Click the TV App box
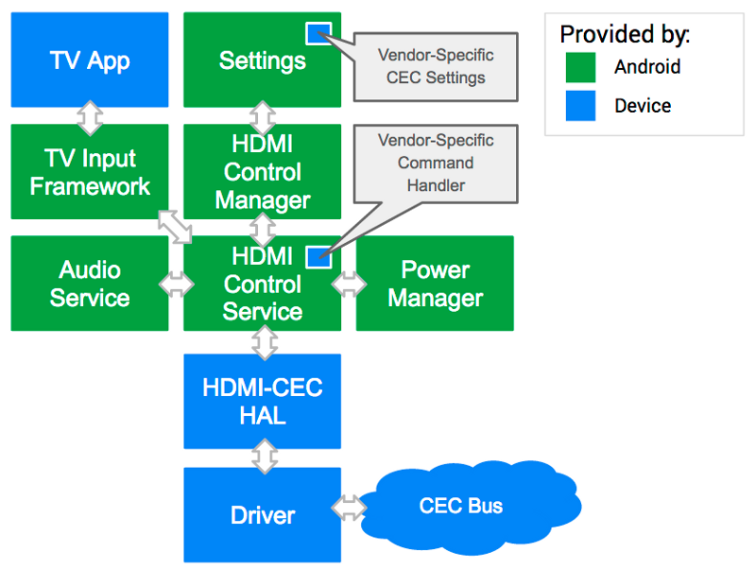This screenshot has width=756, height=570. [x=90, y=60]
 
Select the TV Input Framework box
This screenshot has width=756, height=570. [x=90, y=172]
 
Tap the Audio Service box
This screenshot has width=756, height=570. [x=90, y=284]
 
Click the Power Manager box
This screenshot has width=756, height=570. [x=435, y=284]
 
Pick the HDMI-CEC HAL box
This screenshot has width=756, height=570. [x=262, y=402]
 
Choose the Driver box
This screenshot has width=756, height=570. [x=262, y=515]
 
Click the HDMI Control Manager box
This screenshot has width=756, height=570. [x=262, y=172]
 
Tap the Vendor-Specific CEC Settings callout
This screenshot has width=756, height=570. [x=436, y=66]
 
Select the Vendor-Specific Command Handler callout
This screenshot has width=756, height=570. [x=436, y=163]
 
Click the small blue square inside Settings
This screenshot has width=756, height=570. [x=318, y=33]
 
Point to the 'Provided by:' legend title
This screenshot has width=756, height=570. [x=625, y=35]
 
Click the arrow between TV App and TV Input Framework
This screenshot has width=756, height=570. [x=90, y=116]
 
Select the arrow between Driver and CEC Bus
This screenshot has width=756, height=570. [x=350, y=508]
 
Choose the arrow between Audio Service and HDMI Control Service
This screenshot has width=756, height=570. [x=177, y=285]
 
